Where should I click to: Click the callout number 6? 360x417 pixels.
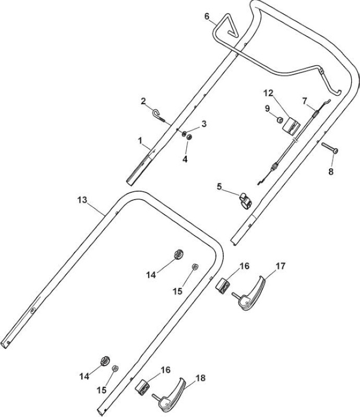point(207,16)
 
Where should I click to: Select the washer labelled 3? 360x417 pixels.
point(184,133)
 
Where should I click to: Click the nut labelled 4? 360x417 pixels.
point(189,137)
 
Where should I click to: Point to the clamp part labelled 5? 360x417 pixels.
point(246,201)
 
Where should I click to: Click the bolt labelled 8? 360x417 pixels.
point(330,148)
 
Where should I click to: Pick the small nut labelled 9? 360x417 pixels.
point(280,120)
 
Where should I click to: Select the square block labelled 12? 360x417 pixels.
point(291,126)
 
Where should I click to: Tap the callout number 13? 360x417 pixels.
point(82,200)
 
